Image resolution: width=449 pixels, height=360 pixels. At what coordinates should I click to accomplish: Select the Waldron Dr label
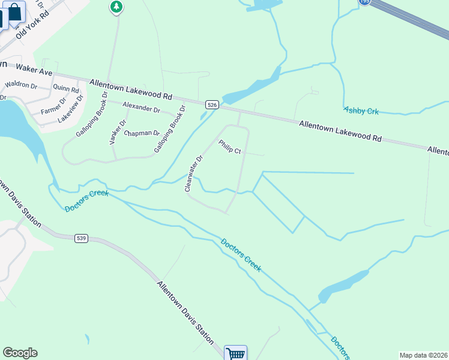click(x=21, y=85)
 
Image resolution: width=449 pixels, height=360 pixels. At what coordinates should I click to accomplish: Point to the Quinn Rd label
click(x=66, y=88)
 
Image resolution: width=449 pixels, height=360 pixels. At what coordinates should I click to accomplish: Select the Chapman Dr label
click(x=142, y=133)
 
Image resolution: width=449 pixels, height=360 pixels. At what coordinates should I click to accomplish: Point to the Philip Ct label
click(x=229, y=147)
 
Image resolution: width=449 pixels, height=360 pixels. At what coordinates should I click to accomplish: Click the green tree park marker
click(x=116, y=7)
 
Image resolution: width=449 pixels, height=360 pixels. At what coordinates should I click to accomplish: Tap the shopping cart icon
click(x=235, y=353)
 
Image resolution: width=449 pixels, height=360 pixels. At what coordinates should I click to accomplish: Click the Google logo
click(x=20, y=353)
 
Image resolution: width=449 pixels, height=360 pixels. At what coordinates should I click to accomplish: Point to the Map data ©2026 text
click(x=423, y=355)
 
